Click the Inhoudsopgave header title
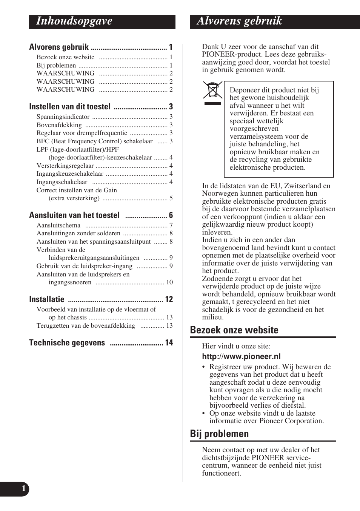74,21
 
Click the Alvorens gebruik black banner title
239,21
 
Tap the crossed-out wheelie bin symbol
212,93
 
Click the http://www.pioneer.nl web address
241,356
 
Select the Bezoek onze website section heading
234,330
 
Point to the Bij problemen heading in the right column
219,434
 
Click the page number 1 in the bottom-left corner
24,489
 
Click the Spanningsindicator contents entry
63,117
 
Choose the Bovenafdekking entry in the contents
59,125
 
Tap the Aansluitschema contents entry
58,226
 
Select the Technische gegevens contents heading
67,343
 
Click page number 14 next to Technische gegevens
169,343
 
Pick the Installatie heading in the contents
47,299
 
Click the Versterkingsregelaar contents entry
65,166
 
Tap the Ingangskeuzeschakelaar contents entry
70,174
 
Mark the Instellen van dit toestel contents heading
70,107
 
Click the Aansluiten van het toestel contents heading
74,215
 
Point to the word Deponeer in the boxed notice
244,90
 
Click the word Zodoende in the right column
217,279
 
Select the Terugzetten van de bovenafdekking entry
86,326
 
